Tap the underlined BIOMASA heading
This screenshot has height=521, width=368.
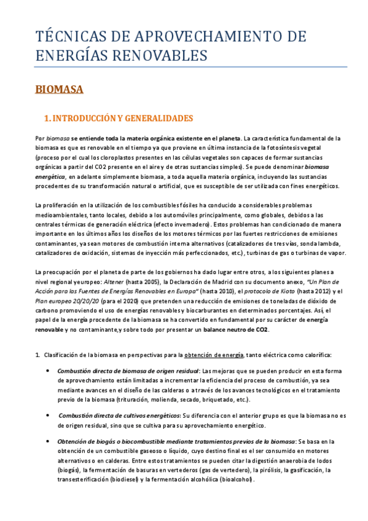[59, 90]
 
